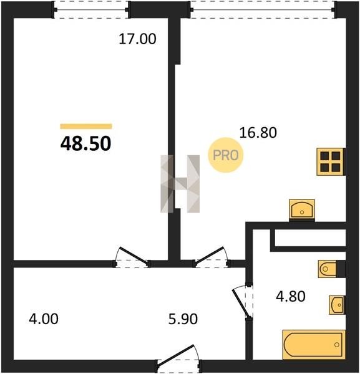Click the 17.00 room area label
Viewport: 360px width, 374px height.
[x=137, y=39]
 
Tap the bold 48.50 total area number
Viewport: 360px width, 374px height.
[x=86, y=143]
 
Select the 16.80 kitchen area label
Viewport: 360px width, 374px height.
[x=258, y=133]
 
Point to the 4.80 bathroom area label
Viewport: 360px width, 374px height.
[x=291, y=296]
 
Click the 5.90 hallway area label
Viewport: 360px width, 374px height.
[x=183, y=319]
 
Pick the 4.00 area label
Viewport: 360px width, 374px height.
[x=44, y=319]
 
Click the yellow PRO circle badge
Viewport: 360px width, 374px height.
[x=226, y=155]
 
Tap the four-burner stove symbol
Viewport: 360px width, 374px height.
[x=331, y=162]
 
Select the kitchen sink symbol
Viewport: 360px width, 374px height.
[x=302, y=209]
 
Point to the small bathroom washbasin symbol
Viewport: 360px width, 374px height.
[x=337, y=305]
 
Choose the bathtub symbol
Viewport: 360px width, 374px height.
[x=314, y=345]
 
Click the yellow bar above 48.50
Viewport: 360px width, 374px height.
[x=86, y=126]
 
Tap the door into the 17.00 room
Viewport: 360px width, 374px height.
[x=132, y=257]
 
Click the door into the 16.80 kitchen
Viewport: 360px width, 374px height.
[x=212, y=257]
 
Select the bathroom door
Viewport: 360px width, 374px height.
[x=243, y=301]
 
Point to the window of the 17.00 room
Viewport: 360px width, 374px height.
[x=92, y=10]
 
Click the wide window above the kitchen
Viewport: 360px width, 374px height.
[x=263, y=10]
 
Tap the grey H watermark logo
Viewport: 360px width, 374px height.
[x=180, y=184]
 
